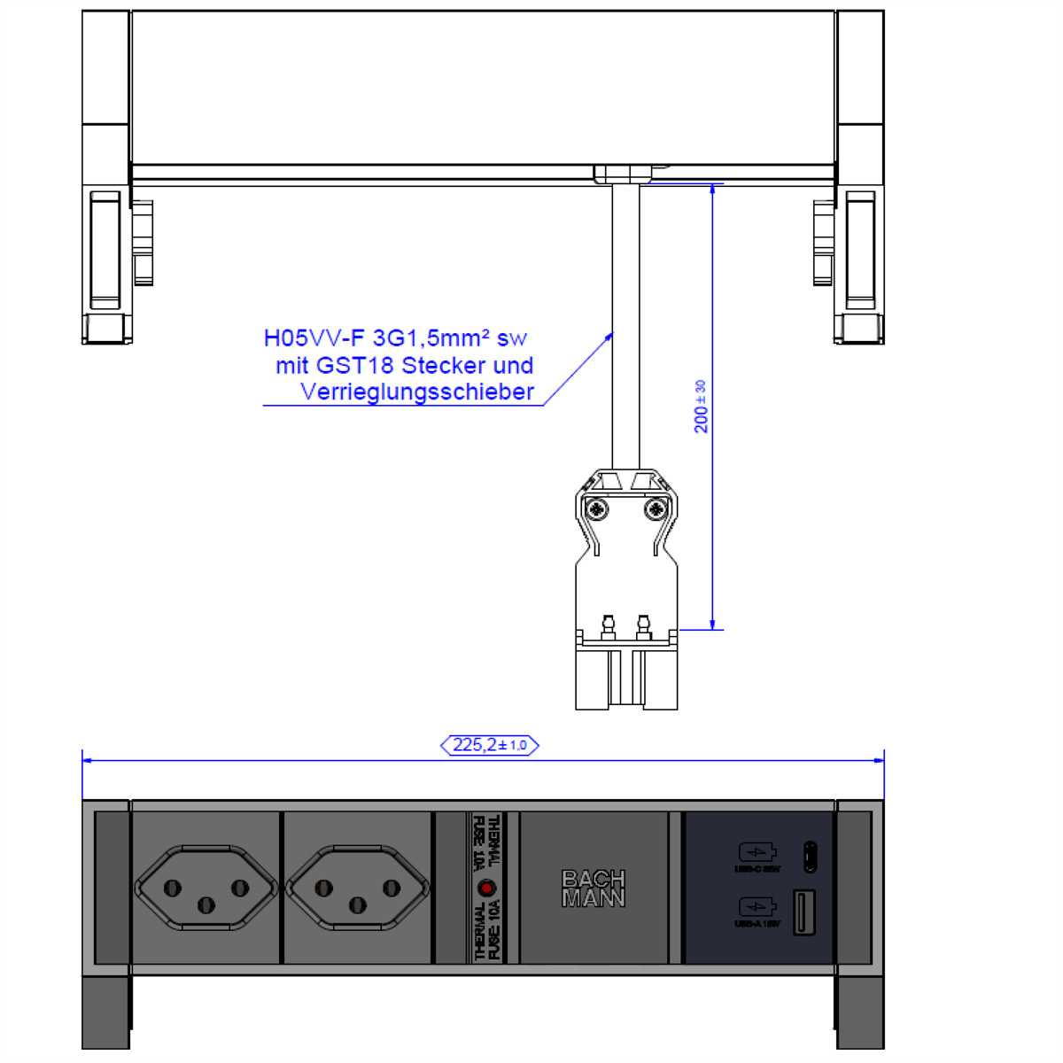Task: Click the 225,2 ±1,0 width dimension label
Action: (x=489, y=745)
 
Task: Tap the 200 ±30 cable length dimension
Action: (x=701, y=407)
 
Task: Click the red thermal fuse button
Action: (x=486, y=888)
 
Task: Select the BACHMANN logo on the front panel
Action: (x=593, y=888)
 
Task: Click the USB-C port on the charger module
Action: (x=810, y=856)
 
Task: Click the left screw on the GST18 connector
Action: (x=600, y=509)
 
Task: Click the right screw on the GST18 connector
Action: (x=656, y=509)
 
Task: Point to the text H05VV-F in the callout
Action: (x=314, y=338)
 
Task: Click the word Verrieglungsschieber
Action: (x=417, y=392)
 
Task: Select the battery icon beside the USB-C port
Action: (x=757, y=852)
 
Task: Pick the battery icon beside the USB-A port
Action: (x=757, y=907)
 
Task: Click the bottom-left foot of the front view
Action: (x=105, y=1013)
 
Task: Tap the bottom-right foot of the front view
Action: (x=859, y=1013)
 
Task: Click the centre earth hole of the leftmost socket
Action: (x=206, y=904)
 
